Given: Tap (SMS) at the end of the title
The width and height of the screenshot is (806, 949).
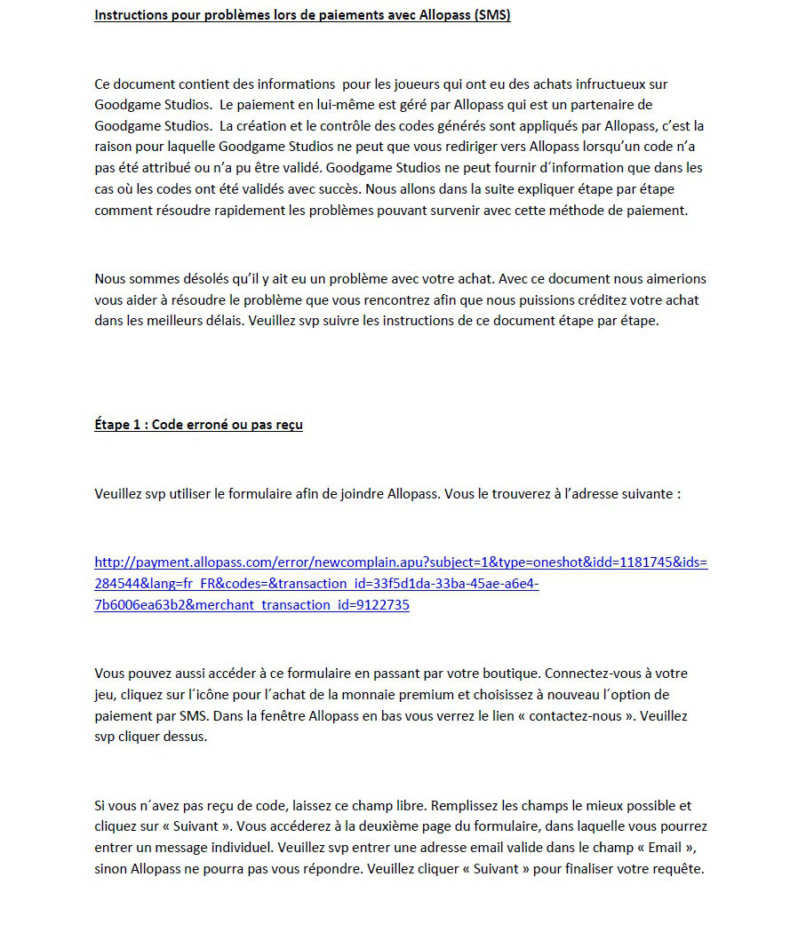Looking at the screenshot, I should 492,15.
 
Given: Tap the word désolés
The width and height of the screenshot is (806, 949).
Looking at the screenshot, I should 194,278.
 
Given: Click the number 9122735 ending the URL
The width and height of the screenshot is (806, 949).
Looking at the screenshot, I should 383,605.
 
